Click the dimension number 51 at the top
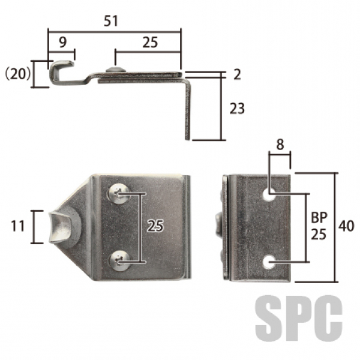pos(110,21)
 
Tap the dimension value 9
pos(62,42)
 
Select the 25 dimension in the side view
pos(150,43)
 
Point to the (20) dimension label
pos(17,74)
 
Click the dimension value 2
pos(237,74)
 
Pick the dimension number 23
pos(237,109)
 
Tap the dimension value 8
pos(280,145)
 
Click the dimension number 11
pos(17,226)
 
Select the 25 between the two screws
pos(155,226)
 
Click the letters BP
pos(319,217)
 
